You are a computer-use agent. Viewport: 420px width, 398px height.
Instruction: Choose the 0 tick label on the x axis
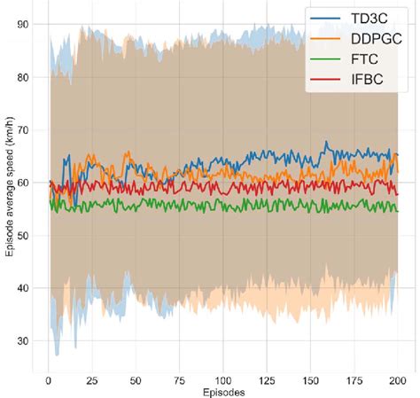pos(49,379)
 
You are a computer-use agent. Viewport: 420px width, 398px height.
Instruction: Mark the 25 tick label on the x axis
pos(92,379)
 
